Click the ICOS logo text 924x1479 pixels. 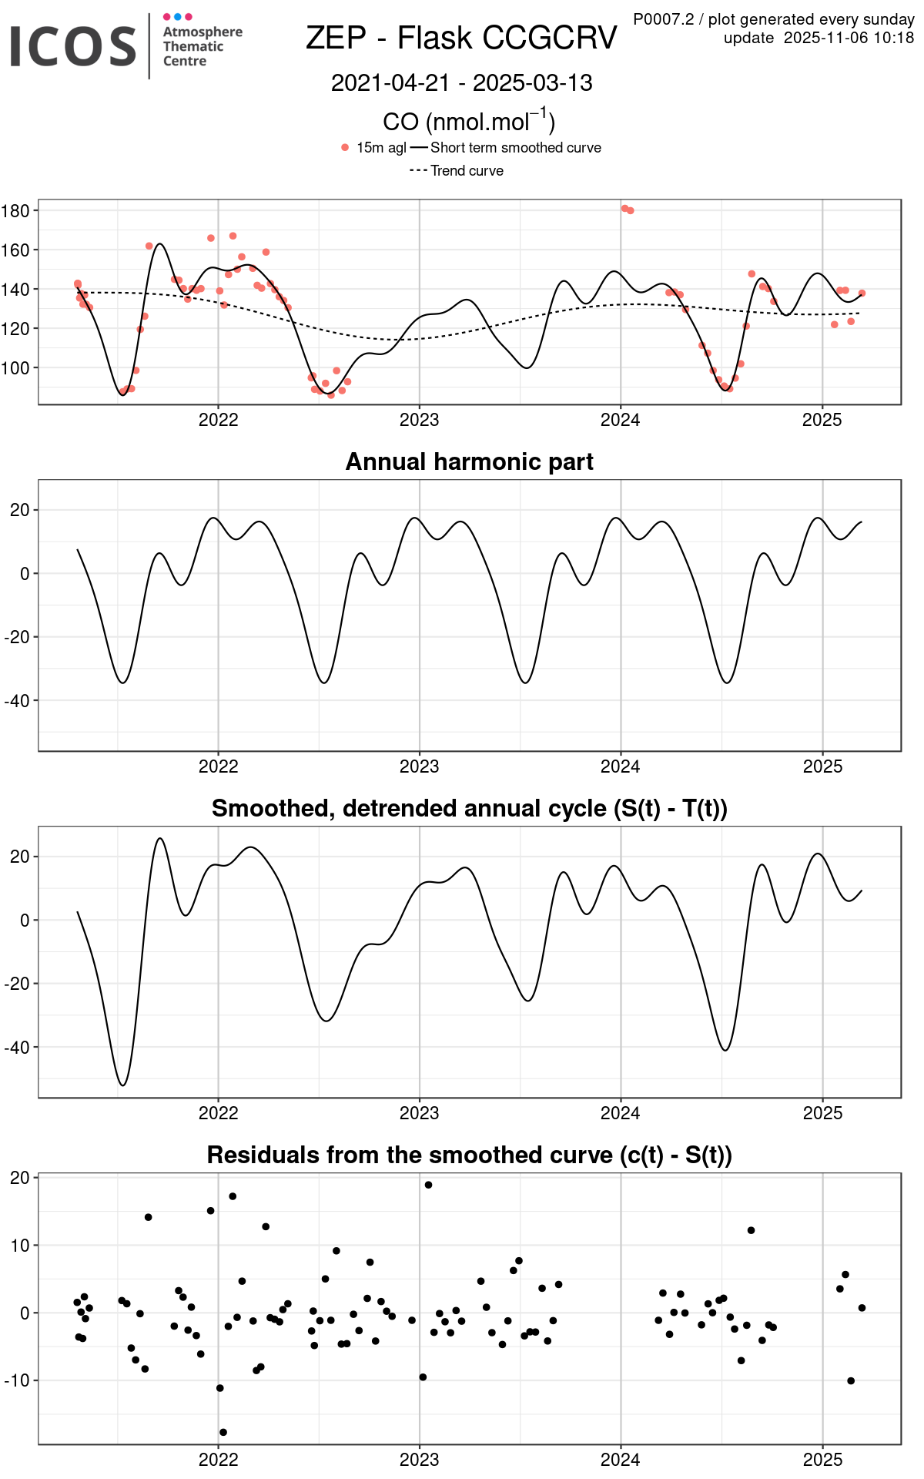pos(73,46)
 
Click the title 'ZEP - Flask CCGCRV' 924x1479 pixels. pos(461,38)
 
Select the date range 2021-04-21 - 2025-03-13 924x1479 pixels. pos(461,83)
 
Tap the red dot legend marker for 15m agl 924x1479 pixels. pos(345,147)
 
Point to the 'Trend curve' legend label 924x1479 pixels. pos(467,171)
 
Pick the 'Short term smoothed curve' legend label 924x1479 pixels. pos(515,147)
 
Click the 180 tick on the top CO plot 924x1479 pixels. pos(15,211)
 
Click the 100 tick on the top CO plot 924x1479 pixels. pos(15,368)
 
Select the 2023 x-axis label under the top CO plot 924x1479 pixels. pos(419,421)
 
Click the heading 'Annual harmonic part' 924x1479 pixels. pos(469,461)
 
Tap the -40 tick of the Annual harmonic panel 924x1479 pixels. pos(17,701)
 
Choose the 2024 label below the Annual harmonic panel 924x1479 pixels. pos(620,767)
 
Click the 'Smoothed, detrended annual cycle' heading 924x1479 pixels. pos(469,808)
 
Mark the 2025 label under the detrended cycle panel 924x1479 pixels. pos(822,1114)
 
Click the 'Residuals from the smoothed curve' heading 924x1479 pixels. pos(469,1155)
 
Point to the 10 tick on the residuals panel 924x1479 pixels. pos(20,1246)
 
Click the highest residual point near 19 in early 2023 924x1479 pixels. pos(428,1185)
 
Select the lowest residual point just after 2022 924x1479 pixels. pos(223,1432)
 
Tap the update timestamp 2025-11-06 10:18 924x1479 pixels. pos(849,38)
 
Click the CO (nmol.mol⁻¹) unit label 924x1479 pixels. pos(469,122)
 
